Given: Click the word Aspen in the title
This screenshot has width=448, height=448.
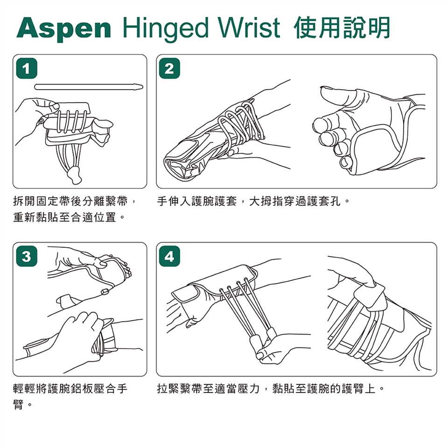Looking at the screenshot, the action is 64,29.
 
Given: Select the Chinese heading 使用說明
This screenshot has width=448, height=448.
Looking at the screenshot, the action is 342,28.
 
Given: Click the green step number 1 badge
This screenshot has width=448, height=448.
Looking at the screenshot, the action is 27,68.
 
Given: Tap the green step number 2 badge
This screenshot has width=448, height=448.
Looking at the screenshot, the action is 169,68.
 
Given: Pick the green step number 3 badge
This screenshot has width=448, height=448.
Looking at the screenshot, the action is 27,256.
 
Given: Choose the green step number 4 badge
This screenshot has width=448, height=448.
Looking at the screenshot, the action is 169,256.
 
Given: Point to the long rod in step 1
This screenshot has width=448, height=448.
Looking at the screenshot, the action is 89,87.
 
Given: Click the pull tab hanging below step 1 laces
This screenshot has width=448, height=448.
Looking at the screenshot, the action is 74,175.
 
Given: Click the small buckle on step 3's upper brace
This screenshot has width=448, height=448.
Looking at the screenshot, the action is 105,292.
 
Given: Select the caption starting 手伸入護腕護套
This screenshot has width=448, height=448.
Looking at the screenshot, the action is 253,202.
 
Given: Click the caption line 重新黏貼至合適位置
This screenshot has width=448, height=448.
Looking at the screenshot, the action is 69,217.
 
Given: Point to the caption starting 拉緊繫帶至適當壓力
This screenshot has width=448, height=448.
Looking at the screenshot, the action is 271,389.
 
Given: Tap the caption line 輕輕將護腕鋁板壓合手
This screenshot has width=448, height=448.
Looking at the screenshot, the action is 70,389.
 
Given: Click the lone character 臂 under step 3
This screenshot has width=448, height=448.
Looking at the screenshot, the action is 18,405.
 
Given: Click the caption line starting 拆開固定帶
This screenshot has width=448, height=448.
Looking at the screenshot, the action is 74,202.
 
